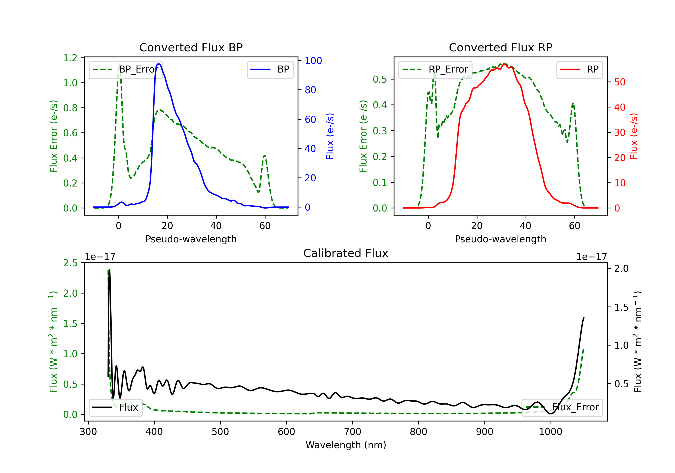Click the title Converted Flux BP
click(191, 47)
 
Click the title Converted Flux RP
click(500, 47)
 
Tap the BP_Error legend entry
click(126, 69)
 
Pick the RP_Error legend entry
click(435, 69)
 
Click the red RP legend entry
click(579, 69)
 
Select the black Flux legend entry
click(116, 407)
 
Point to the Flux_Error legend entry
click(562, 407)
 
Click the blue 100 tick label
click(313, 61)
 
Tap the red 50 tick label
click(620, 82)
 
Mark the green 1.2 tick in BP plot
click(70, 58)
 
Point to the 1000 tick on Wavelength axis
click(550, 432)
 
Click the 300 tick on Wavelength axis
click(88, 432)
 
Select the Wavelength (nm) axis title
click(346, 445)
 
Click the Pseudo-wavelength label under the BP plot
click(191, 239)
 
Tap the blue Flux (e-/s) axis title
click(330, 136)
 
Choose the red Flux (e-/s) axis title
click(634, 136)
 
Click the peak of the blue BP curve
click(159, 64)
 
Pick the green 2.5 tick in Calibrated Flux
click(70, 263)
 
